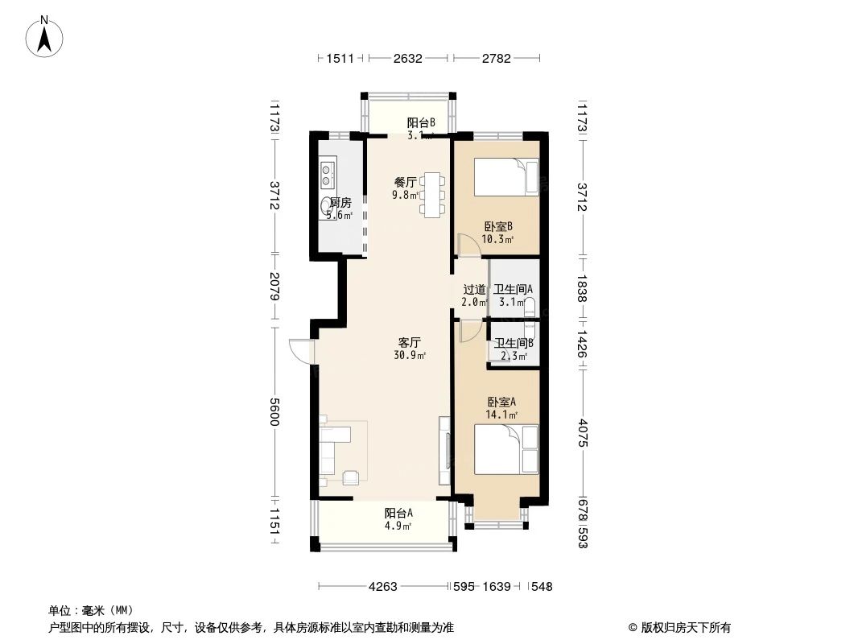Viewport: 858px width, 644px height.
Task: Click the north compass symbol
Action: [46, 36]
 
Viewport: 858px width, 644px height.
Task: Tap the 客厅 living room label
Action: [409, 342]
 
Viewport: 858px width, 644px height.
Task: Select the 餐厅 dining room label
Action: [404, 182]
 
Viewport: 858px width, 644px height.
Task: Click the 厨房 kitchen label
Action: [340, 203]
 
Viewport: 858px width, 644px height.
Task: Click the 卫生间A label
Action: [514, 290]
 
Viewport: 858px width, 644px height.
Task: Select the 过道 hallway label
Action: [474, 290]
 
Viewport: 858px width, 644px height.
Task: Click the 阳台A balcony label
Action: [398, 513]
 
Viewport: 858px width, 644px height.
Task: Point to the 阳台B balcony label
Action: [420, 123]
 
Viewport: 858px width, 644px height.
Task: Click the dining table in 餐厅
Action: [433, 193]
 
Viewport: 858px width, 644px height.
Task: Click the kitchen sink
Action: [328, 170]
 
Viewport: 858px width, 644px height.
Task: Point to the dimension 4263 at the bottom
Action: [383, 587]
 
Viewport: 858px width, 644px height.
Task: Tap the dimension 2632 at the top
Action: [407, 58]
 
